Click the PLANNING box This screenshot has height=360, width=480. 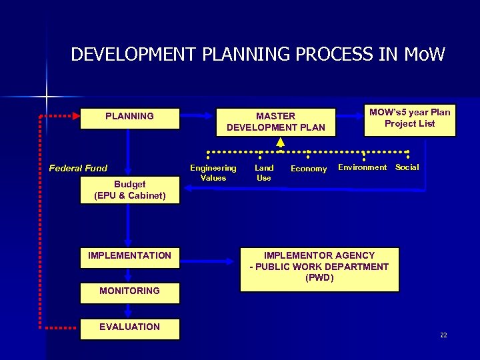[129, 117]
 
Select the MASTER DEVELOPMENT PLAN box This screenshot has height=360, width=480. [275, 121]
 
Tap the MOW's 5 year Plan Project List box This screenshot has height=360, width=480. [409, 118]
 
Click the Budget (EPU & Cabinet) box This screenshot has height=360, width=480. [129, 190]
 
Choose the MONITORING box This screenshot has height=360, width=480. [129, 292]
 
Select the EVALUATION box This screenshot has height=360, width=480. [129, 328]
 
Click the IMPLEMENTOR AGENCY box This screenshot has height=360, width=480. [319, 268]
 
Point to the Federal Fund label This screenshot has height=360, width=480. [78, 168]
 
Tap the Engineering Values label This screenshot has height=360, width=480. [213, 173]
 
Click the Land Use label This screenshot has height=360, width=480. [264, 173]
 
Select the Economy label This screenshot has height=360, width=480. [309, 169]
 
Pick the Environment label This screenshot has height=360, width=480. [362, 167]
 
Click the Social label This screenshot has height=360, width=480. [407, 167]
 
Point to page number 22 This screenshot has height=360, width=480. [443, 335]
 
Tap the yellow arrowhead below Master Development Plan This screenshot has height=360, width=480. [281, 142]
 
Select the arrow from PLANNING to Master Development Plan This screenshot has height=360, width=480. [197, 115]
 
